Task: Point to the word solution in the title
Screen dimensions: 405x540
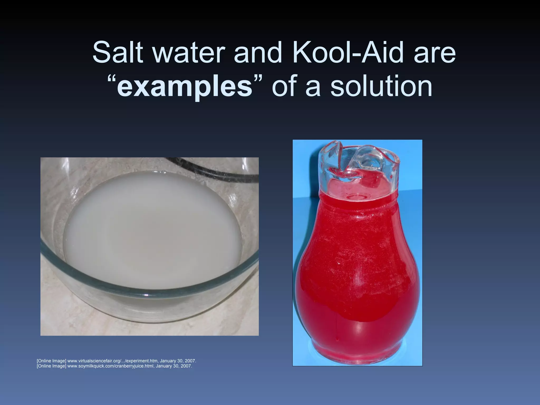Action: coord(381,86)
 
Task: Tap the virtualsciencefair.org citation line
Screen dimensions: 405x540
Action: coord(117,360)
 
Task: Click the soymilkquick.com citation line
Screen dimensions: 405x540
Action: coord(114,366)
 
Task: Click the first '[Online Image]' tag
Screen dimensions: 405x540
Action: coord(51,360)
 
